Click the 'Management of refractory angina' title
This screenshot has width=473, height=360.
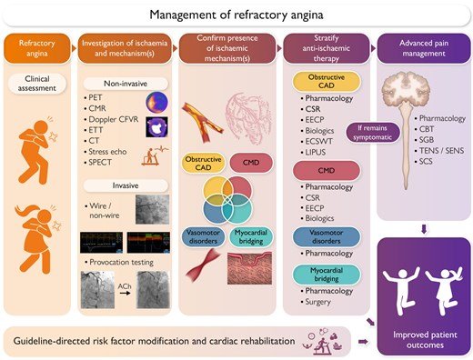(236, 15)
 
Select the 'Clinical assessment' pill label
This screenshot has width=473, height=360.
(36, 84)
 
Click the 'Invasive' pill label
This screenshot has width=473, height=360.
(126, 185)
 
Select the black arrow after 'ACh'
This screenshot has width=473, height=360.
(125, 294)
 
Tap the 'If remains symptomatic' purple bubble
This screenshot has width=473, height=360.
(372, 133)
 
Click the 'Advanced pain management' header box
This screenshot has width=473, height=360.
(424, 48)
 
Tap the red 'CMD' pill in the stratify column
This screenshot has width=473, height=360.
(327, 171)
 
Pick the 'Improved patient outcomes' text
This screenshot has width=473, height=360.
(425, 340)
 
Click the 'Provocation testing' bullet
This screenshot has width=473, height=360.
(121, 263)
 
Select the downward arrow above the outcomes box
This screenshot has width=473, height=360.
(424, 228)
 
